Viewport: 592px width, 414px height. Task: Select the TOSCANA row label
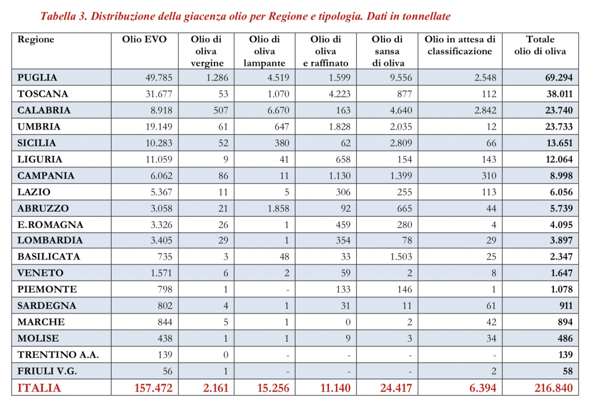[43, 94]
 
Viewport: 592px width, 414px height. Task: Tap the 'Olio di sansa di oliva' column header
[387, 51]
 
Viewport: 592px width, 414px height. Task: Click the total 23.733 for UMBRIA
[555, 127]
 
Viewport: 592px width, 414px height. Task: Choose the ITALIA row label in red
[39, 388]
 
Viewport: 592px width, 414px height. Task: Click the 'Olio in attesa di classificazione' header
[460, 45]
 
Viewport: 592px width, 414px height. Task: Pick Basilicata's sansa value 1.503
[400, 257]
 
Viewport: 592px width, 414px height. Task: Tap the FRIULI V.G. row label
[47, 371]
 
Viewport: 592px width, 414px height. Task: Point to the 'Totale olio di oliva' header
[540, 45]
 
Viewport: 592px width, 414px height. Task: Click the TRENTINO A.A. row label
[58, 354]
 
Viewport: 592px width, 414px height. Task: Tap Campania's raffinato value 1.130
[336, 176]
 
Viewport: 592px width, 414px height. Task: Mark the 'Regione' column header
[36, 39]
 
